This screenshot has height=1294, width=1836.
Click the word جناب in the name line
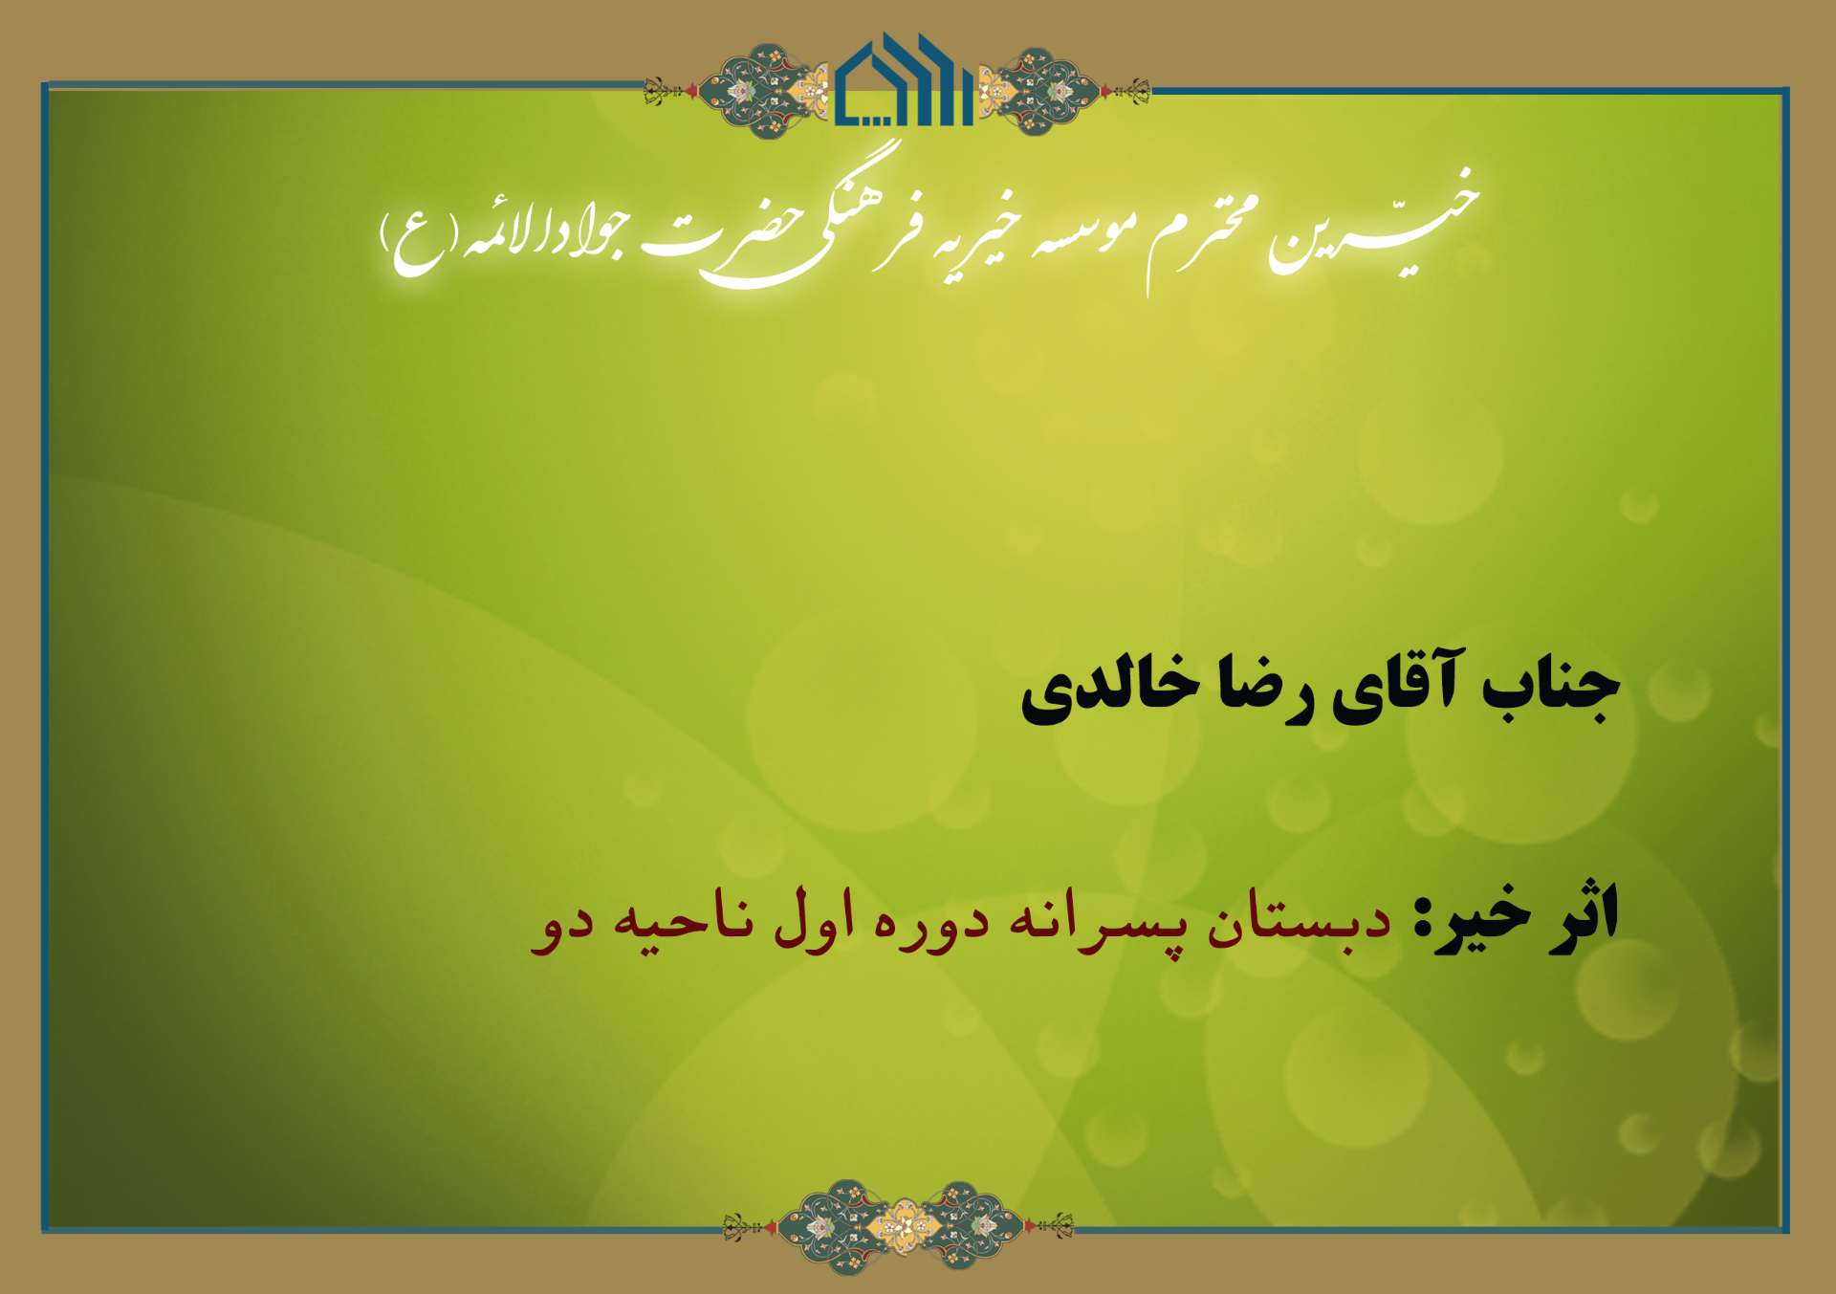click(1551, 686)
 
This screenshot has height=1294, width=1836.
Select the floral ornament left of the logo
click(736, 90)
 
